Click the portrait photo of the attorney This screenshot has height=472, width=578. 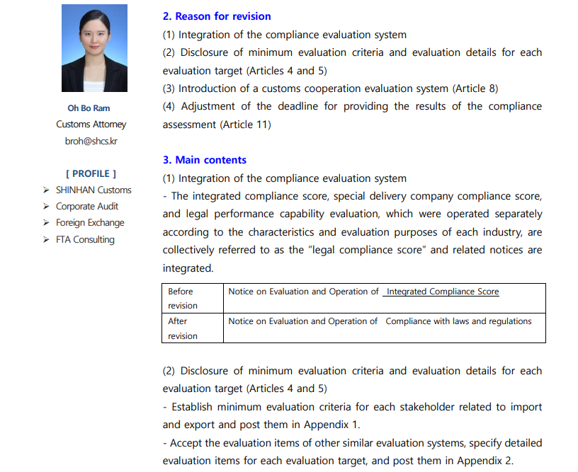94,48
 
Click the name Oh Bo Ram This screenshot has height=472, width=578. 89,108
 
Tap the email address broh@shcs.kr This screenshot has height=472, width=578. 91,141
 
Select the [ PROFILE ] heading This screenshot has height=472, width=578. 91,173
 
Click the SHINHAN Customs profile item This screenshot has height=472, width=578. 93,190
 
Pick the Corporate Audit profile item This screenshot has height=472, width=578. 87,206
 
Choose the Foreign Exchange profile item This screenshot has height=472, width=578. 90,222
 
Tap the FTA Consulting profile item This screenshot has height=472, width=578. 85,239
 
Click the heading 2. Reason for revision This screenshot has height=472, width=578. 217,16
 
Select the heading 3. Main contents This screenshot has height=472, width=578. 205,160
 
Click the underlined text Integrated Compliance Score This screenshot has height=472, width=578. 443,292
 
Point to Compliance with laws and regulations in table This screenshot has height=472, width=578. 458,321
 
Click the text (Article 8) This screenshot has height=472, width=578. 475,88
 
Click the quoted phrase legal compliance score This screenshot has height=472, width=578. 373,250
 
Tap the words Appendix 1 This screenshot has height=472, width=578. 333,425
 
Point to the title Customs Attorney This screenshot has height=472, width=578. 91,125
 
